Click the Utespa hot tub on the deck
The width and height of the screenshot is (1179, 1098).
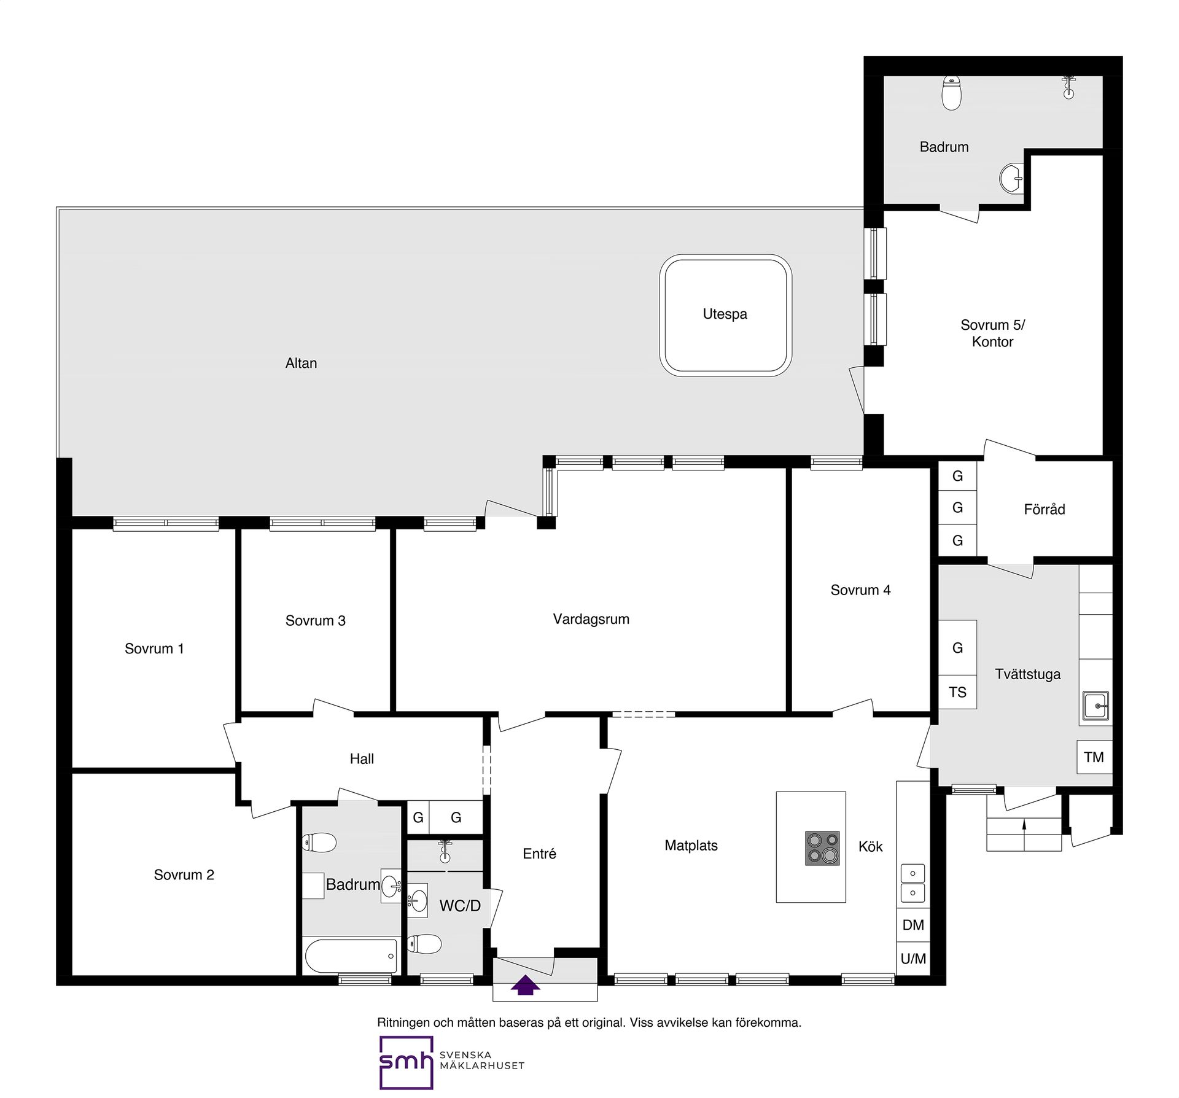pos(725,315)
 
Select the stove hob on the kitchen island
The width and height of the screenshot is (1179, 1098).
pos(822,848)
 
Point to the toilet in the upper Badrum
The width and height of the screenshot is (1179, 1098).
pos(951,93)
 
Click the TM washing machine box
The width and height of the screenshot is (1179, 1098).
pos(1094,757)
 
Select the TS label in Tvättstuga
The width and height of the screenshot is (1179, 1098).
pos(957,692)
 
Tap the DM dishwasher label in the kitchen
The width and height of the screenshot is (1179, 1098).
pos(913,925)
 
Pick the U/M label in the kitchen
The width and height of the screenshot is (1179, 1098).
pos(913,959)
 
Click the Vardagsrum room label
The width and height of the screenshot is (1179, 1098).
pos(591,619)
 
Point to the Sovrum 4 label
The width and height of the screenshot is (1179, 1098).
pos(860,590)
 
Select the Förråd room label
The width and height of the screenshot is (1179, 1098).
pos(1044,509)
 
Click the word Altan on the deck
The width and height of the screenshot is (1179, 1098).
pos(301,363)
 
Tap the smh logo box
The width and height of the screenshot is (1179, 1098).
pos(406,1062)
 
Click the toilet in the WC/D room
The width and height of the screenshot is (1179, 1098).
pos(424,944)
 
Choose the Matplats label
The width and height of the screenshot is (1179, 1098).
pos(691,846)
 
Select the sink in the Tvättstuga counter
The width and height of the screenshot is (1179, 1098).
pos(1095,706)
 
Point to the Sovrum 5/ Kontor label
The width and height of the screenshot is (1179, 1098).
pos(992,333)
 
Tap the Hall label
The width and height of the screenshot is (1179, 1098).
pos(362,759)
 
